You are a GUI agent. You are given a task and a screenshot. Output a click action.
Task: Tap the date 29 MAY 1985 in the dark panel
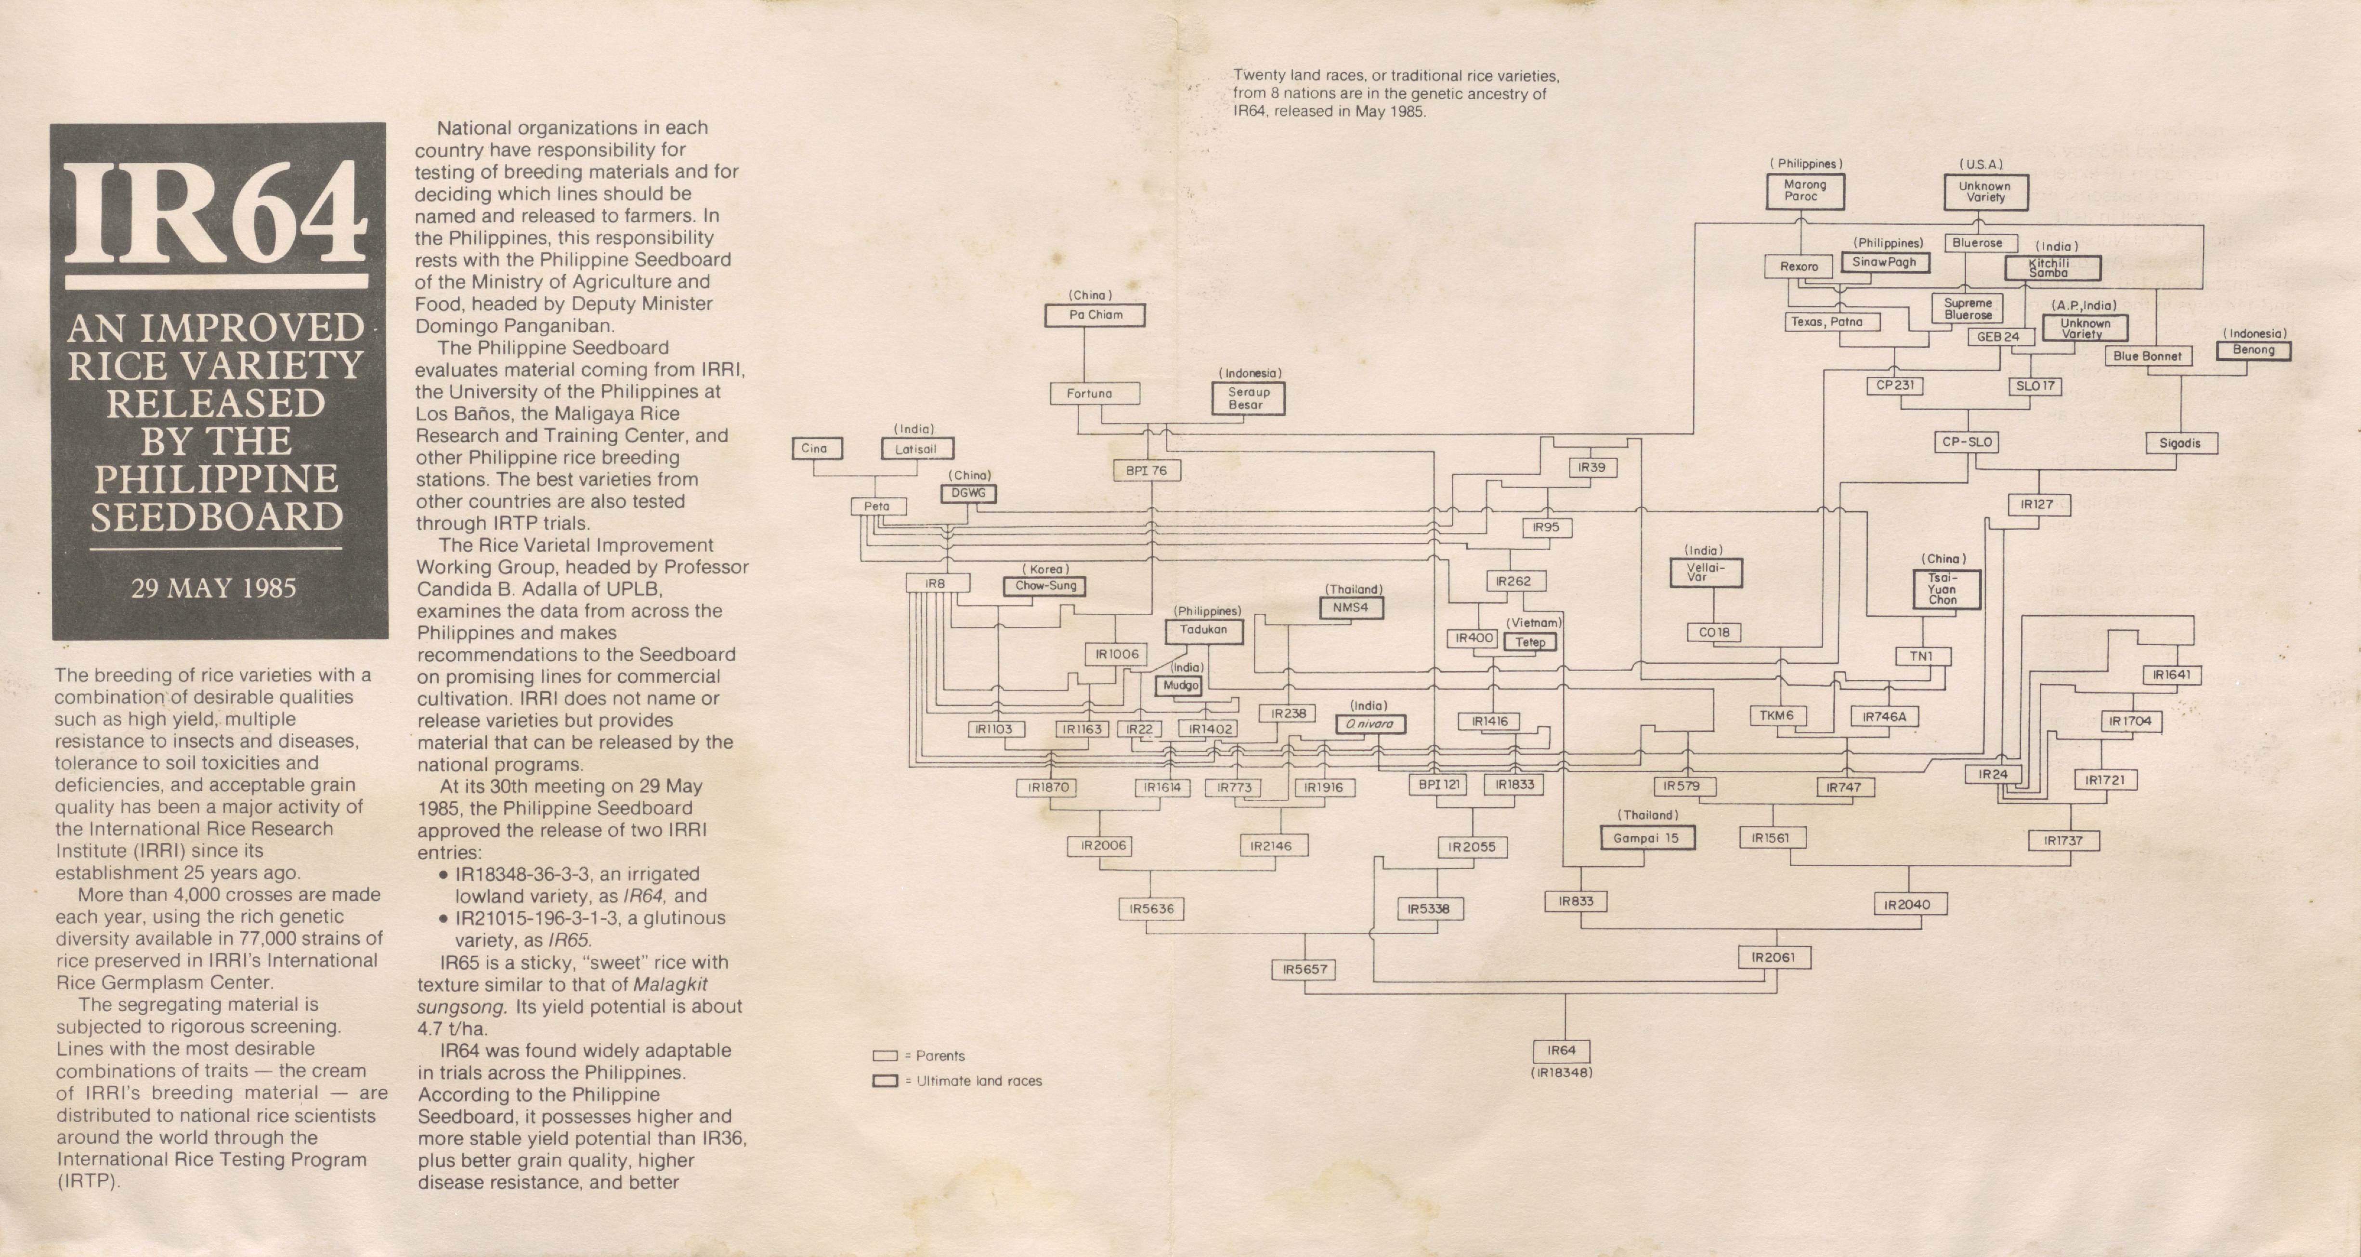(x=214, y=588)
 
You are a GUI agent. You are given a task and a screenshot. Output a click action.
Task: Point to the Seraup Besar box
(x=1248, y=398)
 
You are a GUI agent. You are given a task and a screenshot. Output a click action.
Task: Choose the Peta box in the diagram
(x=877, y=506)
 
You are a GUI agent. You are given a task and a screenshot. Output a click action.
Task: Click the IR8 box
(x=935, y=583)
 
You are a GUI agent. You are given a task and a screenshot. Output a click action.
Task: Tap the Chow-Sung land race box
(x=1046, y=586)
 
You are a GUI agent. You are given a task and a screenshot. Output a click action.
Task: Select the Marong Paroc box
(x=1805, y=191)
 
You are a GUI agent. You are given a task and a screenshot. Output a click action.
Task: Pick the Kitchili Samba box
(x=2052, y=268)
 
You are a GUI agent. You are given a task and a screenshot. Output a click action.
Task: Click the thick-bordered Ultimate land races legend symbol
(x=885, y=1081)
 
